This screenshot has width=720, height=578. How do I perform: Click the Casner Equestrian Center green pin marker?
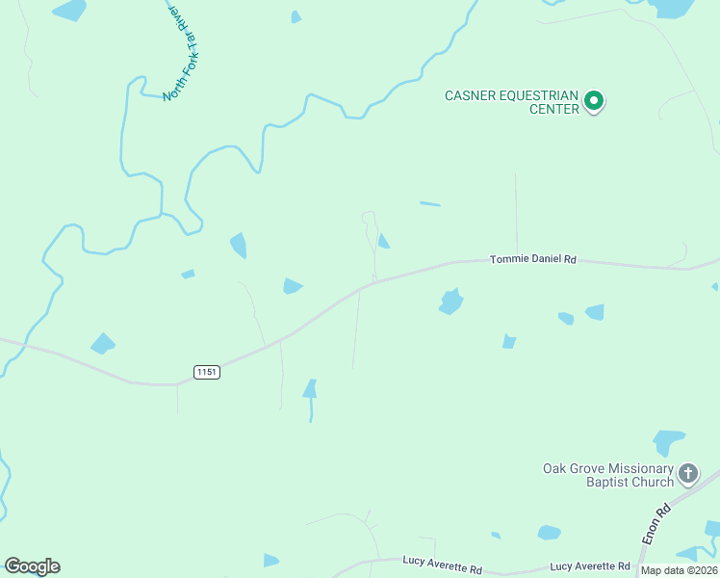595,100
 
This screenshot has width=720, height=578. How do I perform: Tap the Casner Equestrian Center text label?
511,102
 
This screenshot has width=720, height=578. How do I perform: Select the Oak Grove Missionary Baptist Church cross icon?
687,473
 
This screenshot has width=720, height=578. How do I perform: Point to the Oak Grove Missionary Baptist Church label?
607,475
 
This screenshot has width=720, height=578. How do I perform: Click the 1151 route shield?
206,372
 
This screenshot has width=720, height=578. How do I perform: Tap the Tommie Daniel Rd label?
532,259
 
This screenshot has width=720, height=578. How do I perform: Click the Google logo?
32,566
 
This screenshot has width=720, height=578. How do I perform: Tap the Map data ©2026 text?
679,570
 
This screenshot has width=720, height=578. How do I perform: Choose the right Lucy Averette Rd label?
590,566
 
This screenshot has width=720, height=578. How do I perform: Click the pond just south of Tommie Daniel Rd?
450,302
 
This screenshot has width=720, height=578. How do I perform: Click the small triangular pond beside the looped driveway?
383,242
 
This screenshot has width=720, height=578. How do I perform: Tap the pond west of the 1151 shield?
102,343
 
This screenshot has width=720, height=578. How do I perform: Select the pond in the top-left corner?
69,11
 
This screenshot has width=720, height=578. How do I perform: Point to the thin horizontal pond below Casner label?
430,204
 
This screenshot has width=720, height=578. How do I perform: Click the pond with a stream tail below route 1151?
310,391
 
